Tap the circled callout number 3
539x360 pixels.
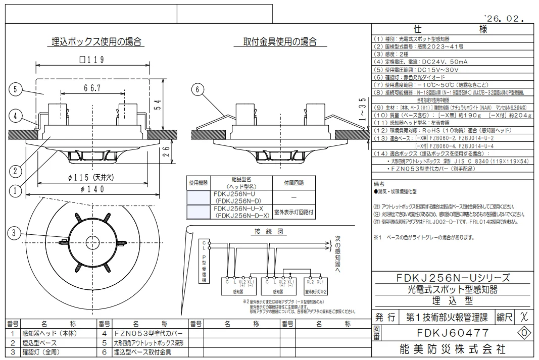click(x=16, y=233)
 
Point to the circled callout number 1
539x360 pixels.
click(x=16, y=191)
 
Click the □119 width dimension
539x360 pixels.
click(x=92, y=60)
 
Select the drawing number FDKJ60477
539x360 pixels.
click(x=453, y=333)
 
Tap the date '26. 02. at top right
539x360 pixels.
click(x=500, y=19)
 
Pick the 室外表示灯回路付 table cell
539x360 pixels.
click(x=293, y=212)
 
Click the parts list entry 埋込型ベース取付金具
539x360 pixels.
click(x=143, y=351)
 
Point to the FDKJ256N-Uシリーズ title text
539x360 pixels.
click(x=453, y=278)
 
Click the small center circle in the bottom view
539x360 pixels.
click(x=92, y=240)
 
